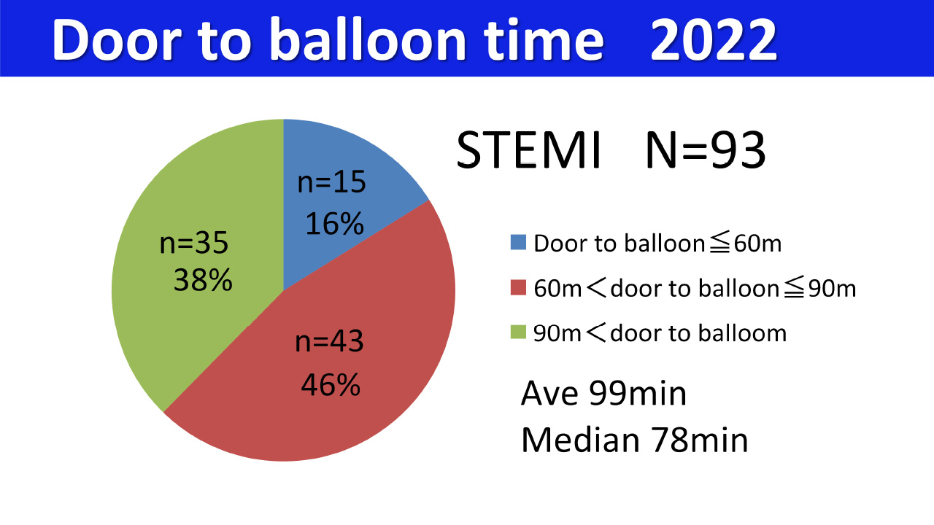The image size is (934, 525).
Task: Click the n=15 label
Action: [x=331, y=182]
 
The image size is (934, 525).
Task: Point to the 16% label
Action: [x=334, y=224]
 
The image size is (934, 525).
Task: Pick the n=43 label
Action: [x=329, y=342]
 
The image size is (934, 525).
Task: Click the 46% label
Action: [x=331, y=384]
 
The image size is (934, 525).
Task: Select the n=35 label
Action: [x=194, y=243]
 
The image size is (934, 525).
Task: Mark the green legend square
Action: [x=518, y=334]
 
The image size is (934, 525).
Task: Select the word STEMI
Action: [x=528, y=152]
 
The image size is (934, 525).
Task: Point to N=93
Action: [x=705, y=152]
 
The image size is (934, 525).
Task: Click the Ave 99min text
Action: [x=603, y=394]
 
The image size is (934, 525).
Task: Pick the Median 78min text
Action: [x=634, y=440]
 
